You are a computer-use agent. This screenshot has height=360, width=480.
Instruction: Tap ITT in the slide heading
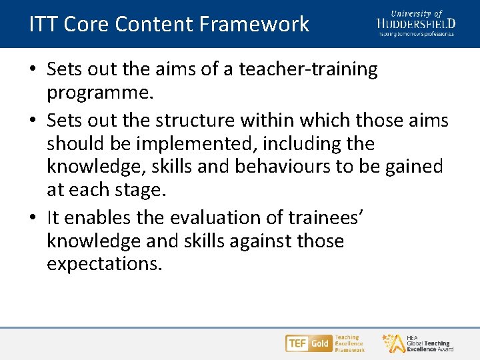(x=43, y=25)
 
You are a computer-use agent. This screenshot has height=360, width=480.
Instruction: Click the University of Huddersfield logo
(x=416, y=23)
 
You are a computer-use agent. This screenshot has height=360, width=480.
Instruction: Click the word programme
(x=100, y=92)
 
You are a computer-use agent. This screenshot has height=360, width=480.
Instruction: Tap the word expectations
(x=104, y=264)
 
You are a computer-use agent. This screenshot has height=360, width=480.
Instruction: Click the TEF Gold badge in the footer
(x=308, y=343)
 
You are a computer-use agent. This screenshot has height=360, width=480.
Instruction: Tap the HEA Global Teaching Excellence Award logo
(x=417, y=343)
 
